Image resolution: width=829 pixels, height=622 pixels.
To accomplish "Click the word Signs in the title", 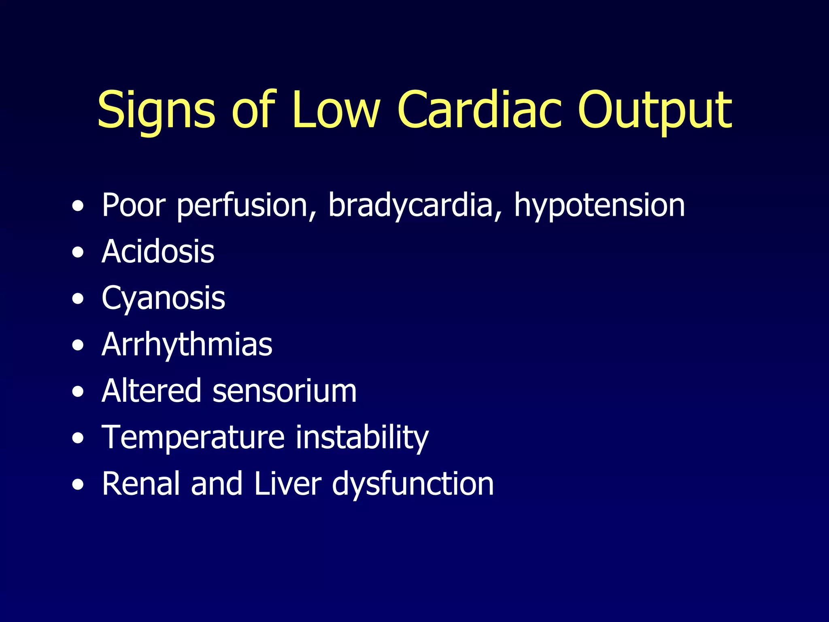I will [x=156, y=110].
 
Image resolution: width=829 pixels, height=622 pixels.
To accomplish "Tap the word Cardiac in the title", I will [x=480, y=110].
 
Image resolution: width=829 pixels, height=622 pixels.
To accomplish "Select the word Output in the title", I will [x=655, y=110].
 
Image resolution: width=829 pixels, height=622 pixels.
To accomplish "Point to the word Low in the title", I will [x=336, y=110].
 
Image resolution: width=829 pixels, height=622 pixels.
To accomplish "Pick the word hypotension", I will [x=599, y=206].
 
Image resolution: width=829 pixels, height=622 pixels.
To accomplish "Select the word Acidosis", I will [x=158, y=252].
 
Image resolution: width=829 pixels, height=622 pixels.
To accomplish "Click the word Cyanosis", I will [x=163, y=298].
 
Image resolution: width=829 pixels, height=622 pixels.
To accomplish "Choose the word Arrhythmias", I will [x=187, y=345].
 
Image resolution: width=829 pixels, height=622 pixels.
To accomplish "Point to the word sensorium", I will [x=285, y=391].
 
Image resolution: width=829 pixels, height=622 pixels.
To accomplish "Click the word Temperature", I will [x=193, y=438].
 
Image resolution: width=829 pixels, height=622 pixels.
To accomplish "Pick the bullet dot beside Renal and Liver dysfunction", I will [x=78, y=485].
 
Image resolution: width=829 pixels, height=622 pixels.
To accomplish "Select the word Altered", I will [x=151, y=391].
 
